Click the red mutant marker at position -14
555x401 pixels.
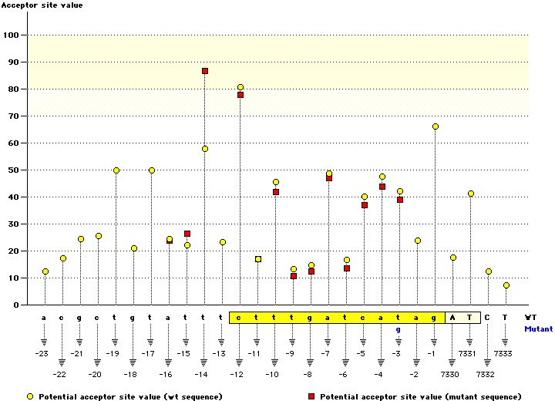[x=205, y=71]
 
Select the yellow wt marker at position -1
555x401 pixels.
[x=436, y=126]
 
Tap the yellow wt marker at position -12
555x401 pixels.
[x=240, y=88]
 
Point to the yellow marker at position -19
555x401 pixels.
[x=116, y=170]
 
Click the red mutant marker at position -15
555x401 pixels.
[x=187, y=234]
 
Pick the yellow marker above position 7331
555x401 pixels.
[x=471, y=194]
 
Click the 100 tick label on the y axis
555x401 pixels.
[x=13, y=35]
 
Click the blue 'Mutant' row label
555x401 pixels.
[x=538, y=329]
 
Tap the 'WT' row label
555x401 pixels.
[x=530, y=317]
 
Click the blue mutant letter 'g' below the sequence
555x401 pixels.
[x=399, y=329]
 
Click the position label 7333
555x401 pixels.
[x=503, y=354]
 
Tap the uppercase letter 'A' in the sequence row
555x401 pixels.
[x=453, y=317]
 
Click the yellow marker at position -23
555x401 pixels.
[x=45, y=271]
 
